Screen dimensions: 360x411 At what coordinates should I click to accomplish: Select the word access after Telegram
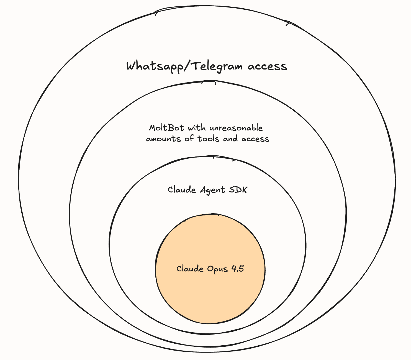coord(267,67)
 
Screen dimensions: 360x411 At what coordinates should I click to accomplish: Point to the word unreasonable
coord(236,128)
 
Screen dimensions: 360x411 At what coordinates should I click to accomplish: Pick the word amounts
coord(163,138)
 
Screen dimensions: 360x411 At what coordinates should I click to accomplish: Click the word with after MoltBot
coord(197,128)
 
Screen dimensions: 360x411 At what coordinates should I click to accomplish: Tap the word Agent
coord(212,190)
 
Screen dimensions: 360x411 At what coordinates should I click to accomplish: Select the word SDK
coord(238,190)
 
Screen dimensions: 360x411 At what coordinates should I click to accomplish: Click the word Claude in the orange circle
coord(190,269)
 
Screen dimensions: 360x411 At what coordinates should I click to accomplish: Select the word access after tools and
coord(255,138)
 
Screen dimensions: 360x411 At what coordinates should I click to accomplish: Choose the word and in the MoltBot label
coord(230,138)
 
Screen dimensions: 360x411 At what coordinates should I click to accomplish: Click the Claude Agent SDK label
coord(207,190)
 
